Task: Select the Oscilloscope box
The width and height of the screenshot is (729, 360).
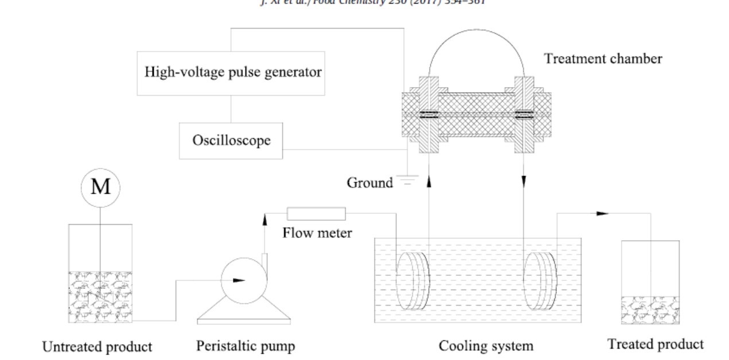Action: click(x=232, y=140)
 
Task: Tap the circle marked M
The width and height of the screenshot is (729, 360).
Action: click(x=100, y=187)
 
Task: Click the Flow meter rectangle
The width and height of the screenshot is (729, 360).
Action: click(x=316, y=214)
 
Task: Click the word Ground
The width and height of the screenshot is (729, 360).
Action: click(x=370, y=183)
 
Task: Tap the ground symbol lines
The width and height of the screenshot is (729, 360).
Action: click(x=407, y=180)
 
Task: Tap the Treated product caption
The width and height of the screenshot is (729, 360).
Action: click(x=656, y=345)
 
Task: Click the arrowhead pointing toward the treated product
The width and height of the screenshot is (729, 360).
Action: click(x=602, y=213)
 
